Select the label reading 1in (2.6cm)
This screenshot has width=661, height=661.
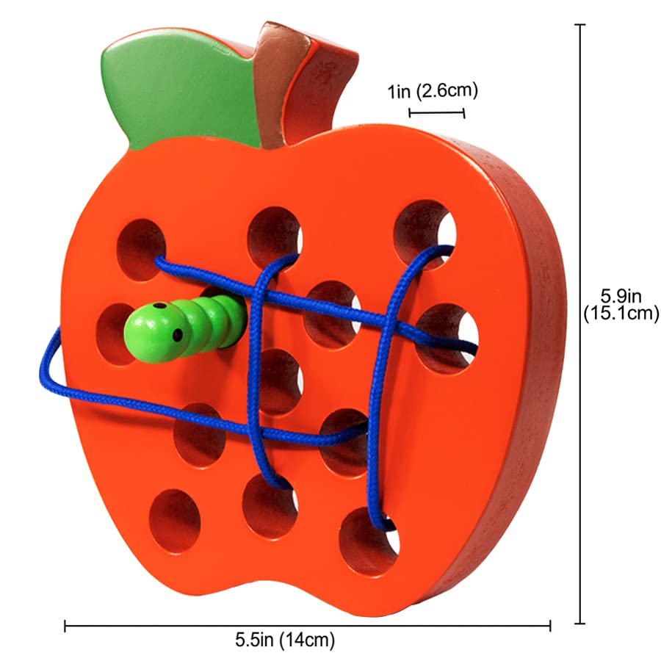[433, 92]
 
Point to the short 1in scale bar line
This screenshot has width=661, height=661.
[436, 112]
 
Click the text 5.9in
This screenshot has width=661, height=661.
[621, 297]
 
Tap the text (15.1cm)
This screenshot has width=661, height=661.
[621, 314]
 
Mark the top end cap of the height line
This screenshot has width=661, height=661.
[582, 25]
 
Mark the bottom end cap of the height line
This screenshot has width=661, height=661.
[582, 623]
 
